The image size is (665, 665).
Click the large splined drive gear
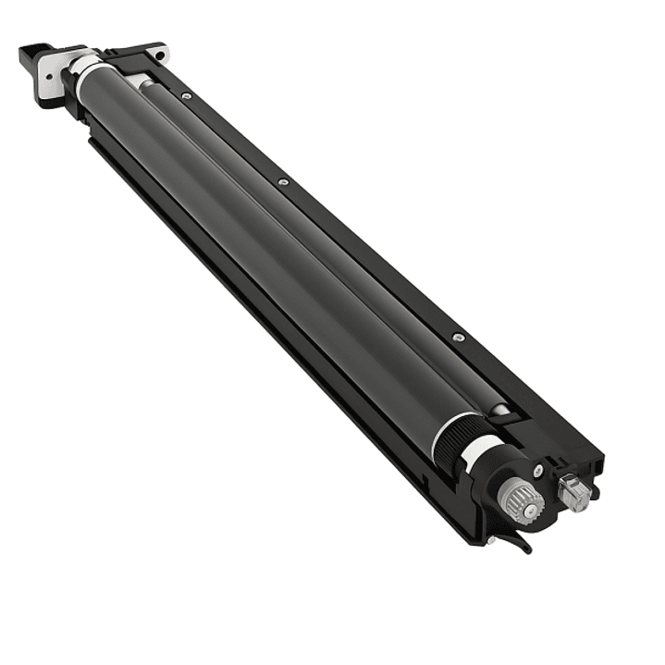pyautogui.click(x=521, y=499)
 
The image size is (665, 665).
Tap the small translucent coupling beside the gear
pyautogui.click(x=574, y=494)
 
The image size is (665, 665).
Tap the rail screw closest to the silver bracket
pyautogui.click(x=188, y=95)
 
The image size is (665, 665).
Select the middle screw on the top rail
pyautogui.click(x=283, y=181)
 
